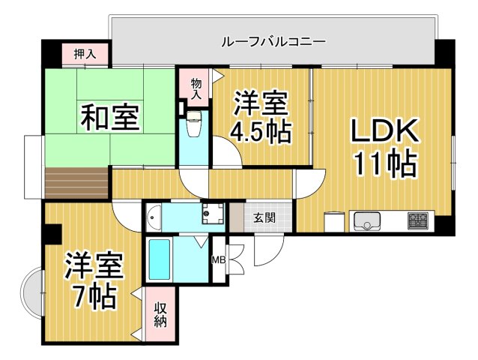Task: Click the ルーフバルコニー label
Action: tap(273, 41)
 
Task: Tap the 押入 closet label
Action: tap(85, 54)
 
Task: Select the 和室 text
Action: tap(110, 118)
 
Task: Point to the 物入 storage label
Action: tap(196, 88)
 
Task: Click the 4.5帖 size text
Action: tap(260, 132)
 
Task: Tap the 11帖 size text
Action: tap(384, 164)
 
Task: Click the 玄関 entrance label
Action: tap(263, 218)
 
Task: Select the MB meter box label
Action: tap(219, 260)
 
